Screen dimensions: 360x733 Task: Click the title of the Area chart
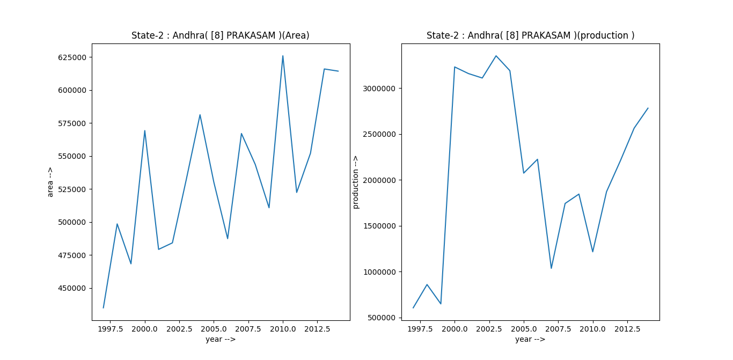click(x=221, y=35)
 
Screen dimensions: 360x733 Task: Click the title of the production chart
click(x=530, y=35)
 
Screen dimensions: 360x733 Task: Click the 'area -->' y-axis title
click(x=50, y=182)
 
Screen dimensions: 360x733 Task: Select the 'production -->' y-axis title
click(x=355, y=182)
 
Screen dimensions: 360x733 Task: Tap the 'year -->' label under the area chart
click(x=221, y=339)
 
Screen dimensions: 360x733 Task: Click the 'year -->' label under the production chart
click(x=530, y=339)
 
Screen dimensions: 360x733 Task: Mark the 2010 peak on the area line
click(x=283, y=56)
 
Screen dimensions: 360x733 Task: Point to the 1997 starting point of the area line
click(x=104, y=307)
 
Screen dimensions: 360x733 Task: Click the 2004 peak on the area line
click(x=200, y=115)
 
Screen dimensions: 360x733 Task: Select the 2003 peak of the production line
click(x=496, y=56)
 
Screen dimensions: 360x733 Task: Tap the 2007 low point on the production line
click(x=551, y=268)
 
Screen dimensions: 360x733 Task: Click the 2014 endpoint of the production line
click(x=648, y=108)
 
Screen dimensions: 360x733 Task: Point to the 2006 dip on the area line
click(x=228, y=238)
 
